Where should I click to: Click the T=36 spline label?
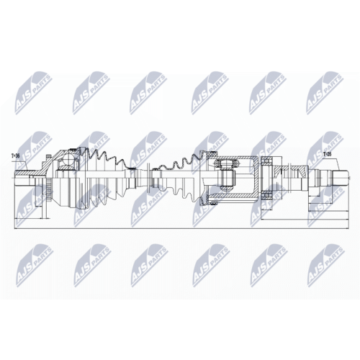tap(15, 155)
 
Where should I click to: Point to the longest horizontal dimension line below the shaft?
tap(180, 219)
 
